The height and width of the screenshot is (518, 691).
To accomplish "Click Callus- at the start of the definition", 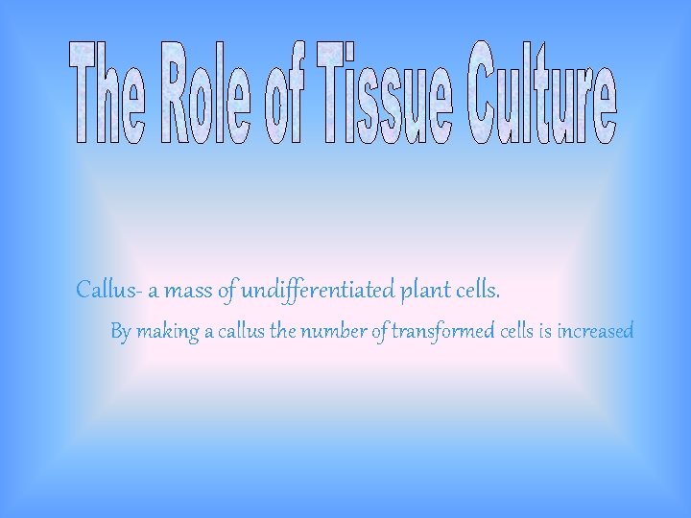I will click(x=107, y=289).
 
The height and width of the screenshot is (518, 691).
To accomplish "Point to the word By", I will click(x=121, y=332).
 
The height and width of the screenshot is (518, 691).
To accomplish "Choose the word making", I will click(x=168, y=332).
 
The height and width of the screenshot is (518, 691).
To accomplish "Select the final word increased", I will click(x=595, y=332).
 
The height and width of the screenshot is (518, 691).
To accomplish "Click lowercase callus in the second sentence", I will click(x=242, y=332).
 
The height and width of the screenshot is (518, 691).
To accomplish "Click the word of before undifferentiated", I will click(x=227, y=289).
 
